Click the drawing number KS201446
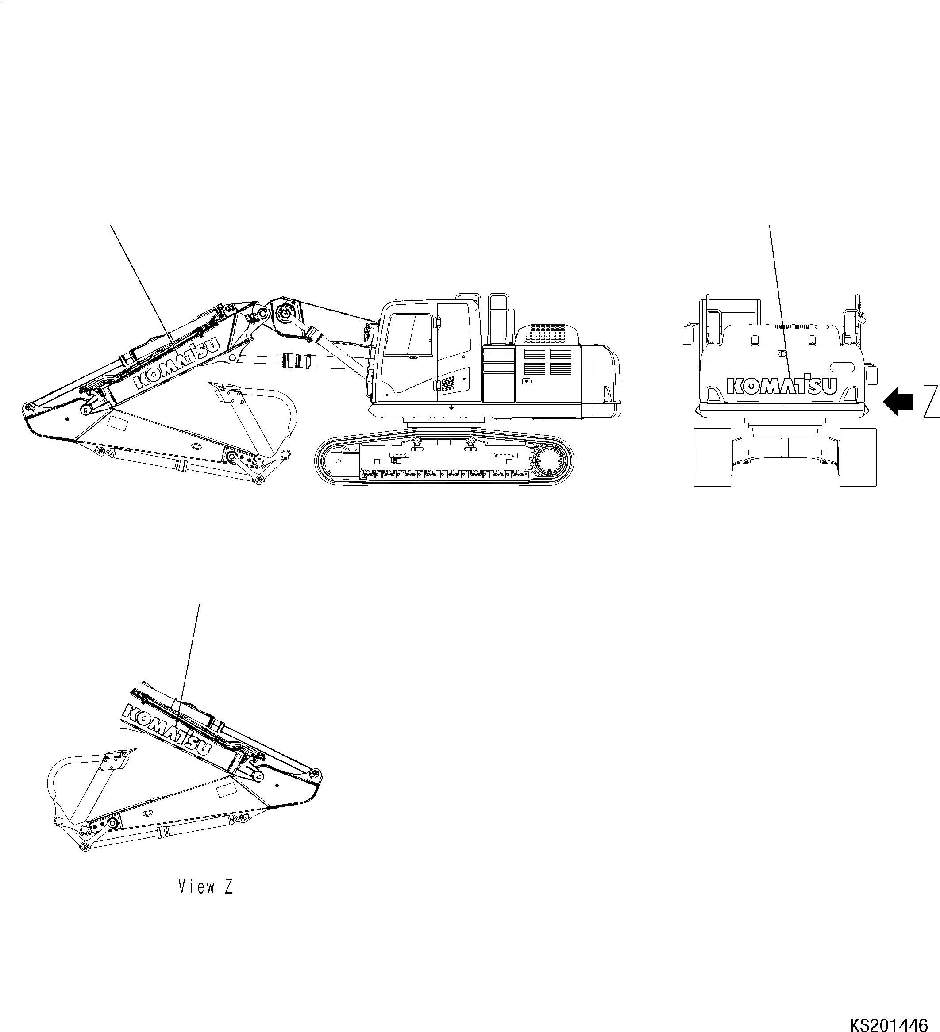(889, 1023)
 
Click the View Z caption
(205, 886)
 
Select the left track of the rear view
(712, 457)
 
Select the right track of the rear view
(858, 457)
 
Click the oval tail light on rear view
(843, 367)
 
